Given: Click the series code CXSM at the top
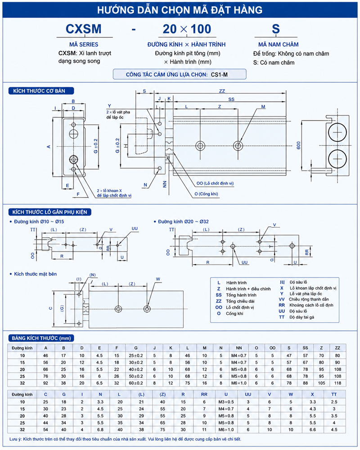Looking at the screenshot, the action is (x=84, y=29).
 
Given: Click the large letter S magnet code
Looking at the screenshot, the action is (x=275, y=29).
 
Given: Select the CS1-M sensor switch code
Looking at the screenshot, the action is (x=219, y=75).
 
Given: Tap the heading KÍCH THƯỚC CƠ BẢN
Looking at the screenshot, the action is (x=39, y=91).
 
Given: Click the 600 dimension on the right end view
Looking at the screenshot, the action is (x=298, y=145).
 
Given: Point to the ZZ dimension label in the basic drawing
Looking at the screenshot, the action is (x=222, y=91).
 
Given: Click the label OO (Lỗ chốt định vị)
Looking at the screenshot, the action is (x=215, y=183).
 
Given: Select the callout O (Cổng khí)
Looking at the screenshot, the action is (x=206, y=193).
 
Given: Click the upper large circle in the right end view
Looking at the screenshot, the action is (x=337, y=132).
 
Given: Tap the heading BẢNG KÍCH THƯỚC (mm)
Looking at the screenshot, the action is (x=41, y=338).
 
